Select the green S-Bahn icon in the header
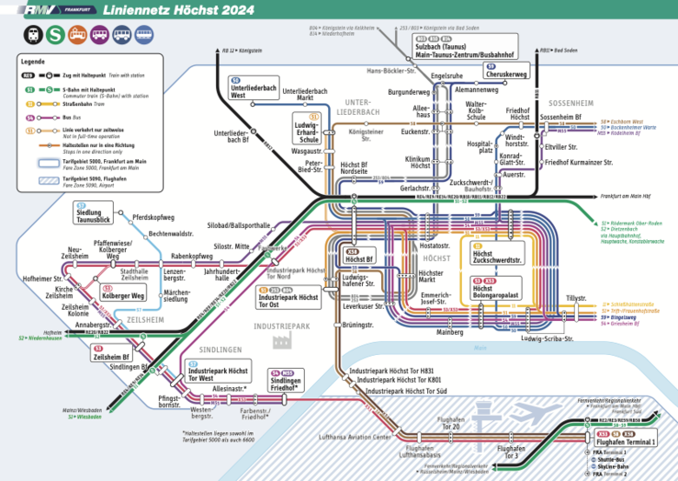54,36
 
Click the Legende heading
32,61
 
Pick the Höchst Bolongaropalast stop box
496,290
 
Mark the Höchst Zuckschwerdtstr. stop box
497,256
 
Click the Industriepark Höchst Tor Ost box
288,299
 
